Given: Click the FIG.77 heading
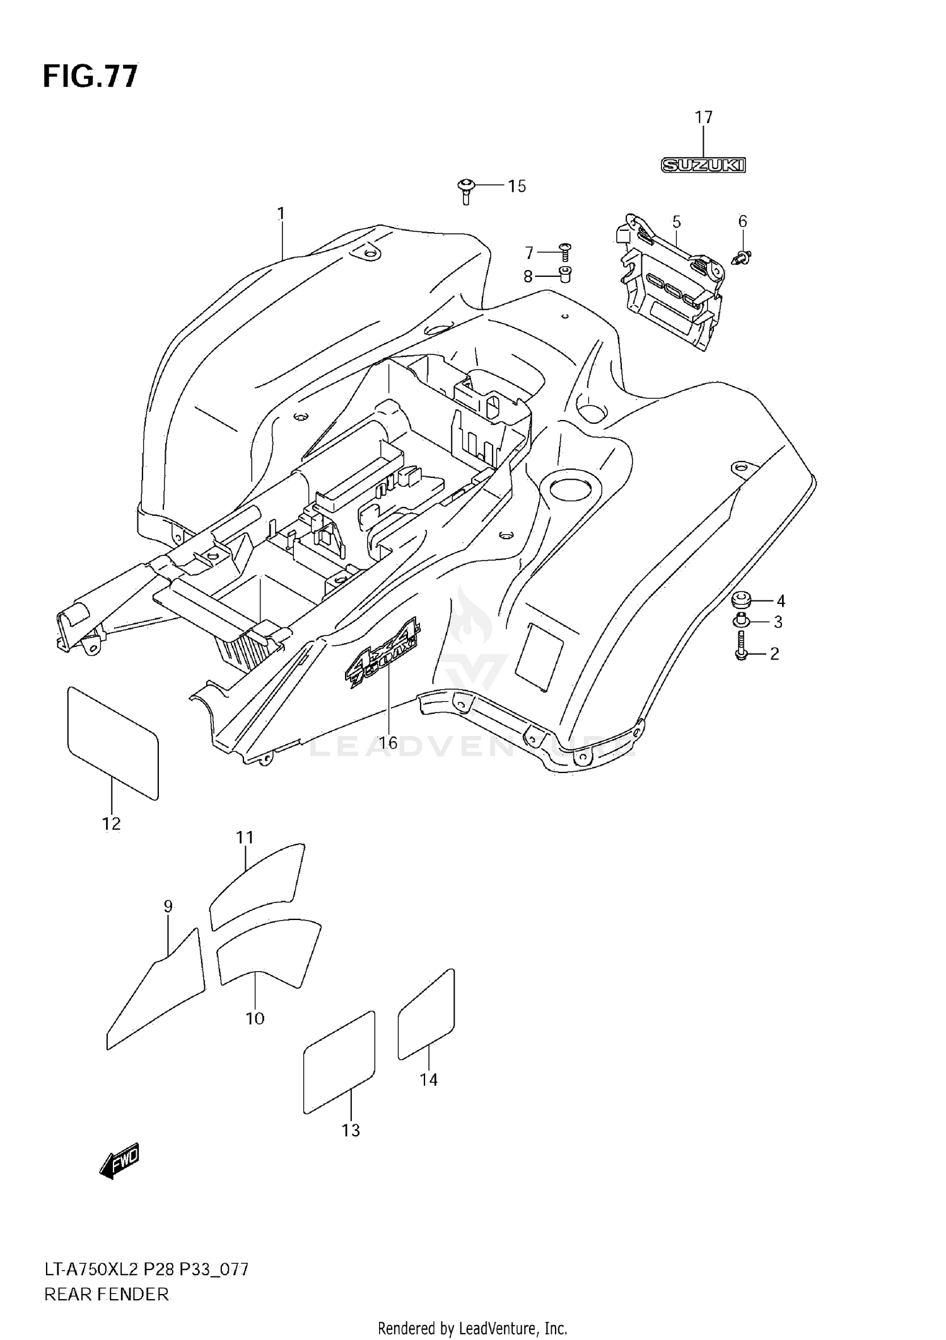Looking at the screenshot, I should (90, 76).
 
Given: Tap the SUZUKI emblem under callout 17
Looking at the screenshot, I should (703, 165).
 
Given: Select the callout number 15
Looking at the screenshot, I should (517, 187).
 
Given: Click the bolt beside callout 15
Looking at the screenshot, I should (465, 190).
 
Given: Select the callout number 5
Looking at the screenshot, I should (676, 222).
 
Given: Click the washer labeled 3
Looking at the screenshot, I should (740, 622).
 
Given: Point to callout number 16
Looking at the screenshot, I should (388, 743).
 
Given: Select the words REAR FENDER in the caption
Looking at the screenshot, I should (107, 1295).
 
